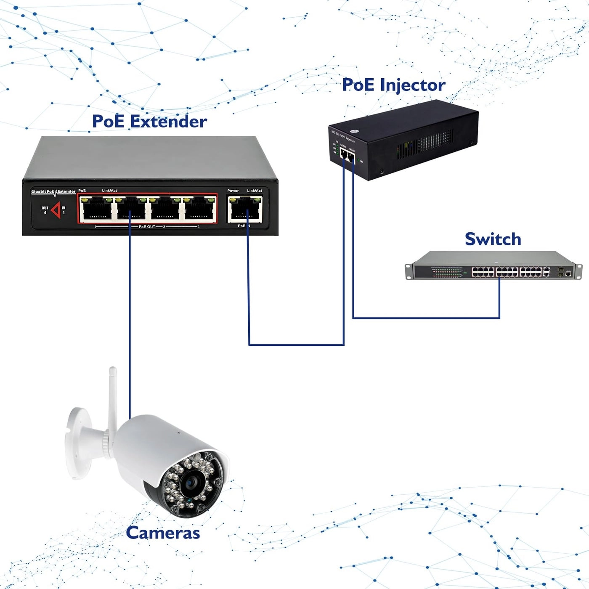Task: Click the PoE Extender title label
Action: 149,122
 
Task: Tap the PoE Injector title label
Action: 393,85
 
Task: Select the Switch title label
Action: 493,239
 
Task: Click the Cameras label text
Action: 163,533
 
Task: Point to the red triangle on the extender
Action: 56,210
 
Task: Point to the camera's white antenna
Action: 112,395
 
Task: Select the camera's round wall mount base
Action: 78,442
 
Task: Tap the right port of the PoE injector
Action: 351,159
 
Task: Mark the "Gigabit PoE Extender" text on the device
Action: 53,192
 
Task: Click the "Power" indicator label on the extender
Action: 233,191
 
